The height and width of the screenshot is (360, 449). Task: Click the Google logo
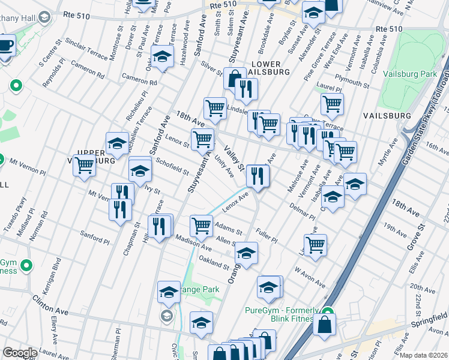[20, 353]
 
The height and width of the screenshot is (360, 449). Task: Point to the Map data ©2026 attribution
[423, 355]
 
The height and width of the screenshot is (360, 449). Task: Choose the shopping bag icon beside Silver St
[235, 78]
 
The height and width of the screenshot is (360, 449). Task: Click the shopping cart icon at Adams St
[201, 226]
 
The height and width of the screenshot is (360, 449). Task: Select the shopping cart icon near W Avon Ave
[315, 244]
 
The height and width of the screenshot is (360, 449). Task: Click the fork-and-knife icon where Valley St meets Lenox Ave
[258, 175]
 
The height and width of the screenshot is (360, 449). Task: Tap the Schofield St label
[172, 166]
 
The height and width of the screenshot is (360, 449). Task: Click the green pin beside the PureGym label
[327, 311]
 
